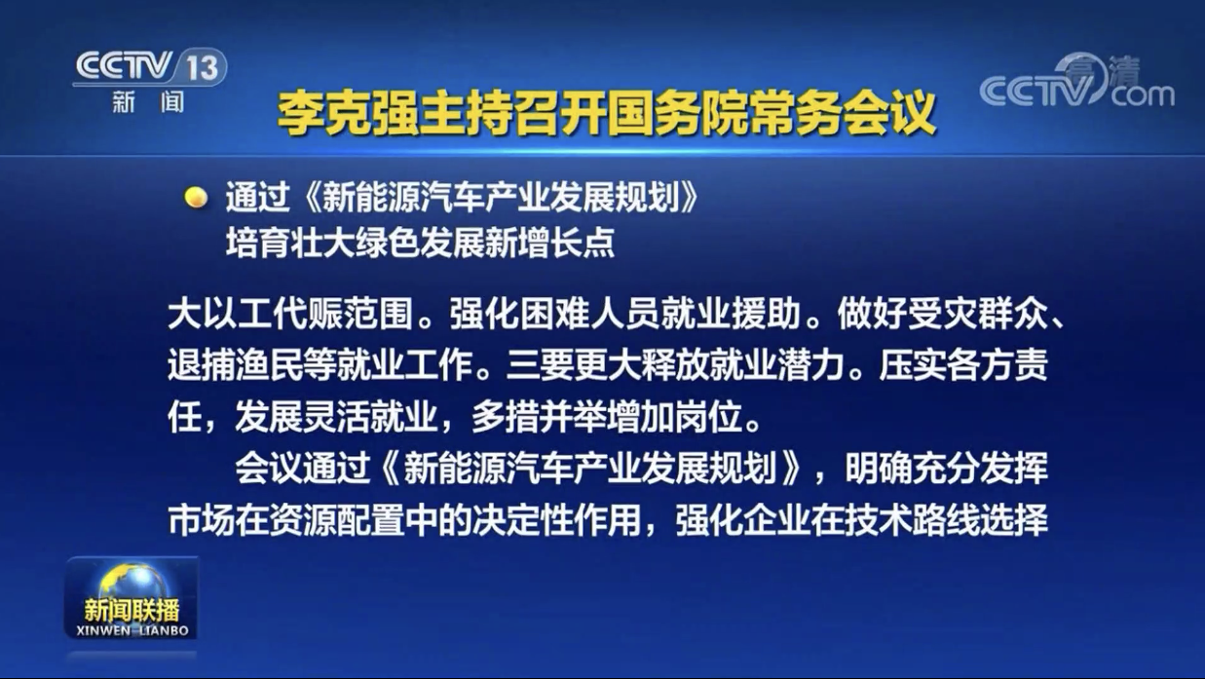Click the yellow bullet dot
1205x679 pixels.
(196, 197)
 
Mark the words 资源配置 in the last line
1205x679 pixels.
(337, 520)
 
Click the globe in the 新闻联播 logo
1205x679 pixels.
(132, 583)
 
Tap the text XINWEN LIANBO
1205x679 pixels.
(132, 630)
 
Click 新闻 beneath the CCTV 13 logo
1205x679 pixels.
(148, 102)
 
